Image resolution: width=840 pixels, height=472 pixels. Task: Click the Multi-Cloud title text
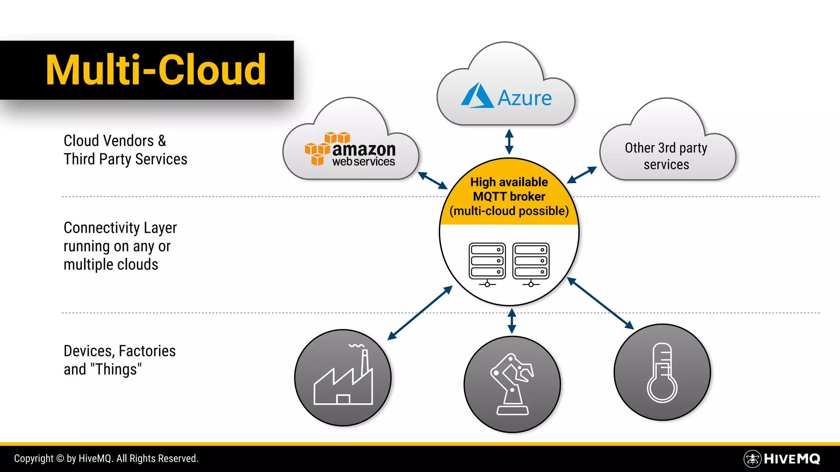[x=156, y=70]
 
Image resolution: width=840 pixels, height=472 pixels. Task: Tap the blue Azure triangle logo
[x=477, y=96]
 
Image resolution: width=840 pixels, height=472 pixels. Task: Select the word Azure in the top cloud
[x=525, y=98]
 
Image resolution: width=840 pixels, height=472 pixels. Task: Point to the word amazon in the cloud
[x=364, y=149]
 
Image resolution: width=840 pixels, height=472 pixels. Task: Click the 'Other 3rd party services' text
[x=666, y=156]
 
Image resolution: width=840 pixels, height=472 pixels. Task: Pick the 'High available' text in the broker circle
[x=509, y=182]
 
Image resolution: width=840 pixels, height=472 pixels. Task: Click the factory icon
[x=343, y=377]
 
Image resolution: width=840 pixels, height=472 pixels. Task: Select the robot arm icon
[x=512, y=384]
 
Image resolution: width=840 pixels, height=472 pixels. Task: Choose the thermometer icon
[x=662, y=372]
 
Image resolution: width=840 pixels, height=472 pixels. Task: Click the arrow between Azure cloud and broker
[x=509, y=142]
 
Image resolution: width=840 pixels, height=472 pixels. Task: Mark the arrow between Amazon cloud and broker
[x=432, y=181]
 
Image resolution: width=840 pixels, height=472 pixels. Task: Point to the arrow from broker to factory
[x=420, y=313]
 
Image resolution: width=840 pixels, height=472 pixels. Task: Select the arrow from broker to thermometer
[x=600, y=303]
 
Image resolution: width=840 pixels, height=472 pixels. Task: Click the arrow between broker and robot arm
[x=511, y=321]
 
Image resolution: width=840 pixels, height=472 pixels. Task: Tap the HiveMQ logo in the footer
[x=782, y=459]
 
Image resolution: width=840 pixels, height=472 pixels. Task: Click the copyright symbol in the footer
[x=60, y=458]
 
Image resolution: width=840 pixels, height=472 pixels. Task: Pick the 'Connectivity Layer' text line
[x=120, y=228]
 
